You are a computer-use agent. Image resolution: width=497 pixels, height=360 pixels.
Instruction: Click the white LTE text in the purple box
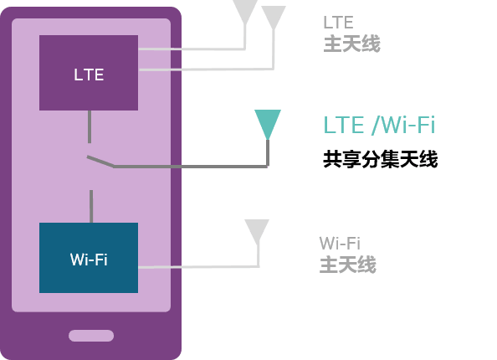click(89, 75)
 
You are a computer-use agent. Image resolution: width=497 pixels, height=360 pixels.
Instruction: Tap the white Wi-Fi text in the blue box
click(89, 260)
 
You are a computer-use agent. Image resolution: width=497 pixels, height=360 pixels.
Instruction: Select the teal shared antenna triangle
click(268, 124)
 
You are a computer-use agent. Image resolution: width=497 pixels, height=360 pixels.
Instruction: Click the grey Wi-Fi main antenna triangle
click(257, 231)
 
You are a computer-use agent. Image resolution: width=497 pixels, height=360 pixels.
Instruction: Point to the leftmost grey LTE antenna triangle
click(245, 11)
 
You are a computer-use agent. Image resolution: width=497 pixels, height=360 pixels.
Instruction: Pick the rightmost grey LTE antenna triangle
click(274, 17)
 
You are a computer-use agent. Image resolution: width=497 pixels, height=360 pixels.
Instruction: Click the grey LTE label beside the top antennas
click(338, 23)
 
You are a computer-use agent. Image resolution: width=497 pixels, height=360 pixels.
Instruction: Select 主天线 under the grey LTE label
click(351, 44)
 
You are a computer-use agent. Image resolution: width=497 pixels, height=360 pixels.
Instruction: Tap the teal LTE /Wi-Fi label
click(379, 125)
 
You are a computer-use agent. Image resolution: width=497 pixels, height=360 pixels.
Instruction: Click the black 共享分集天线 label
click(381, 159)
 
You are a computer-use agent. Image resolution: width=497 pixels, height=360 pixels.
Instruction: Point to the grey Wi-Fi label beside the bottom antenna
click(340, 244)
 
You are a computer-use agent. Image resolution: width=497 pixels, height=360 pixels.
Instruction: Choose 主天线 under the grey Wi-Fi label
click(348, 265)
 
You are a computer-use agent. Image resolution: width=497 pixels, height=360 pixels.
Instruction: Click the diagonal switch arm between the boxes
click(100, 161)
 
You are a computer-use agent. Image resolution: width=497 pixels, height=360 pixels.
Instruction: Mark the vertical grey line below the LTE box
click(90, 126)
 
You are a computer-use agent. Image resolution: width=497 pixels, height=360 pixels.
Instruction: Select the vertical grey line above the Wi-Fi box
click(91, 207)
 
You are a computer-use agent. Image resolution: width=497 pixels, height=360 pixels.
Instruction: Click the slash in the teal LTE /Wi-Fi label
click(376, 125)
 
